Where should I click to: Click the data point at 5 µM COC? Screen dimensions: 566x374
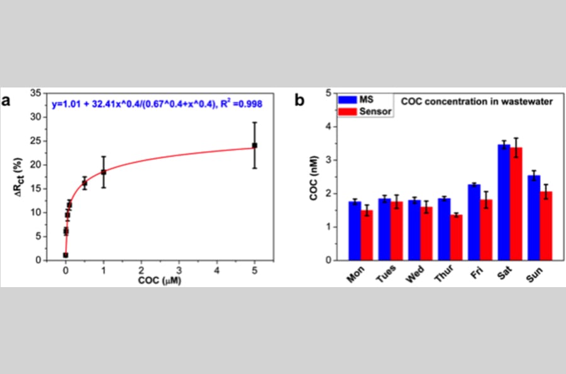click(255, 145)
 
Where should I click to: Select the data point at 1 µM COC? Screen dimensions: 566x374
click(104, 172)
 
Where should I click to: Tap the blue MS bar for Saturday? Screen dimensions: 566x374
click(504, 202)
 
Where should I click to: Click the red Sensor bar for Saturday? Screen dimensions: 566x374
click(516, 204)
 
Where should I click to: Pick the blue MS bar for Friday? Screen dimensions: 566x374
click(474, 222)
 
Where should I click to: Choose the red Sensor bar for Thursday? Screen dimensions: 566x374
click(457, 237)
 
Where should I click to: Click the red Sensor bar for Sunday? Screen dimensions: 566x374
click(546, 226)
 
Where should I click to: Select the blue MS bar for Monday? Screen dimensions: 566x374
click(355, 231)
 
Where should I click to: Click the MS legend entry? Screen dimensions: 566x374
click(356, 99)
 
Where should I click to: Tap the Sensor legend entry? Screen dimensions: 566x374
click(365, 111)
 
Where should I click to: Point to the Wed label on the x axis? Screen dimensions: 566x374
click(416, 275)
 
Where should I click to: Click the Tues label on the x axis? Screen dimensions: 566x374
click(386, 274)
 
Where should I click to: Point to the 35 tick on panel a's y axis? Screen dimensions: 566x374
click(36, 93)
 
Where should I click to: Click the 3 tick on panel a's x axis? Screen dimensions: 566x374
click(179, 270)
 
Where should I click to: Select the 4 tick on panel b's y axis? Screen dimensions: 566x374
click(328, 127)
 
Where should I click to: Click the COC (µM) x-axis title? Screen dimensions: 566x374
click(160, 280)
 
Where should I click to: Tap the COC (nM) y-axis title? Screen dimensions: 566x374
click(314, 178)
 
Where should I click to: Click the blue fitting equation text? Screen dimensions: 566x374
click(157, 105)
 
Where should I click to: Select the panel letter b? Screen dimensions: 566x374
click(299, 101)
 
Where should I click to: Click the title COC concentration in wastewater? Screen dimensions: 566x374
click(477, 101)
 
